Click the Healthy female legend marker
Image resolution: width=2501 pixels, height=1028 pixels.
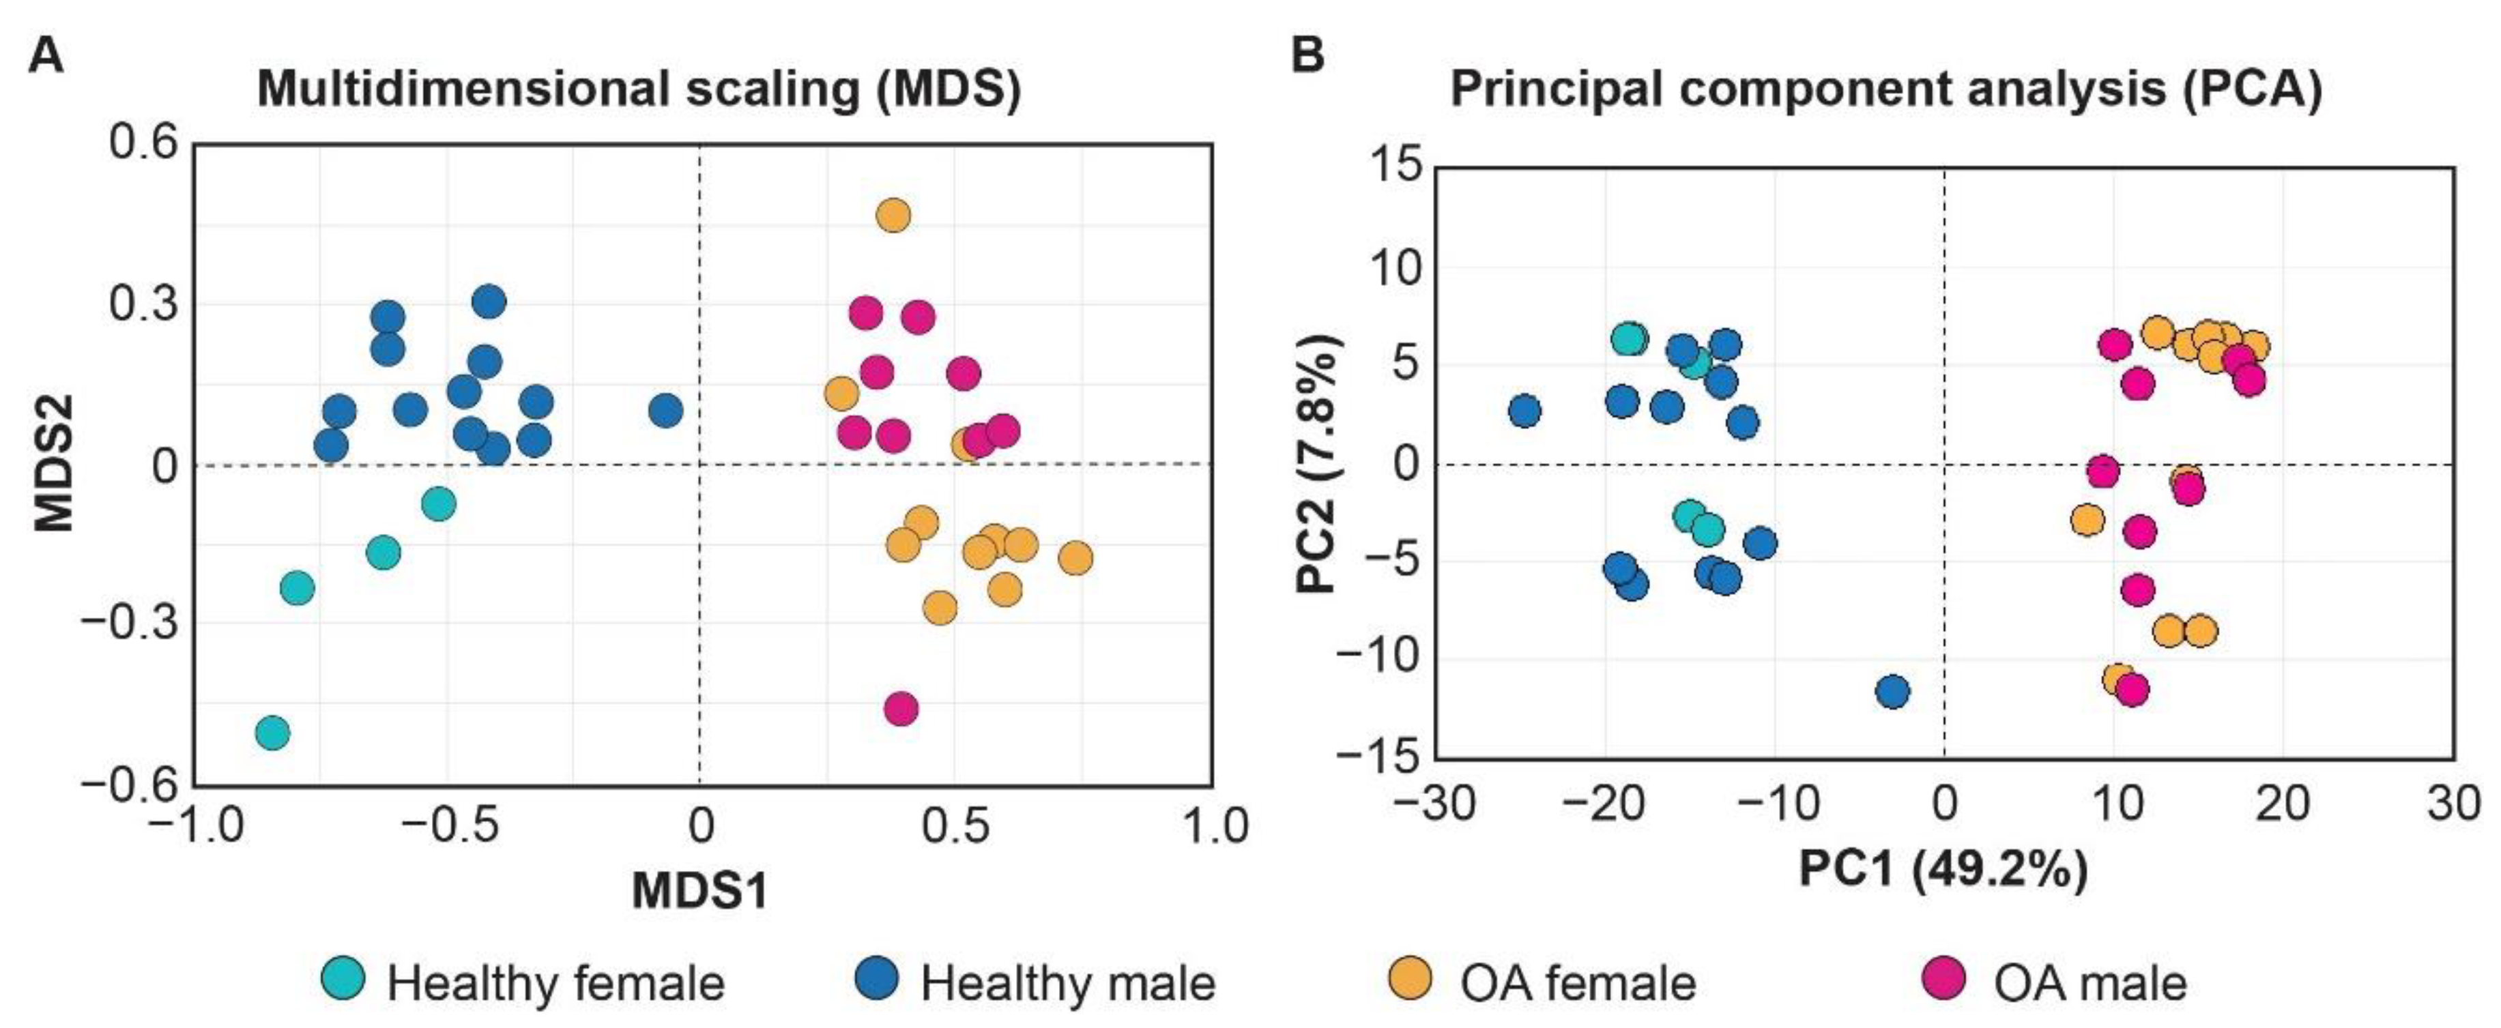coord(343,978)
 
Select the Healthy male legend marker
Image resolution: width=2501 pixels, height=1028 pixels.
coord(877,978)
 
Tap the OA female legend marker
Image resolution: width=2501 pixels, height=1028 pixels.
coord(1411,978)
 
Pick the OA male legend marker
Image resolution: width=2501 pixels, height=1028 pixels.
coord(1943,978)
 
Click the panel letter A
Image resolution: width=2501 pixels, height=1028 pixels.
coord(46,55)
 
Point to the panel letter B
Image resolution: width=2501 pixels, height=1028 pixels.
coord(1307,55)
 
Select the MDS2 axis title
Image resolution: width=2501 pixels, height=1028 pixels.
coord(55,467)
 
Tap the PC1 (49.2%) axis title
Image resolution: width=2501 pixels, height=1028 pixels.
coord(1943,868)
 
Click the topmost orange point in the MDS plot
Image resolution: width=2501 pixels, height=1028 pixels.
coord(893,216)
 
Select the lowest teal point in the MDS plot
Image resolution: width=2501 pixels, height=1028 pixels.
coord(273,732)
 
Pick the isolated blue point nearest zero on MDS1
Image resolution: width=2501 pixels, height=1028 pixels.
coord(665,411)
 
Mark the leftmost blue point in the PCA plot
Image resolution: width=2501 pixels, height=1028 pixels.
coord(1525,411)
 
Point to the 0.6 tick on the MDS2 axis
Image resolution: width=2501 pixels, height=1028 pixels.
coord(144,143)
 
